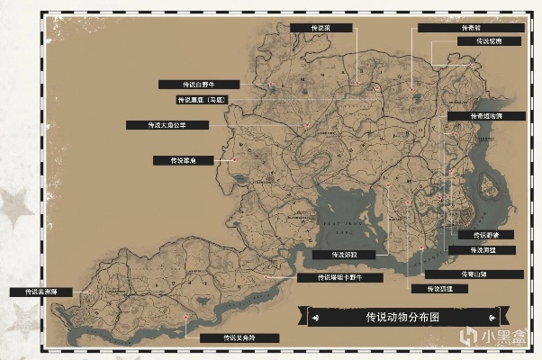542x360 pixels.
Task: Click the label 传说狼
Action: tap(323, 28)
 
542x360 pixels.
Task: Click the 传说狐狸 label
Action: tap(429, 289)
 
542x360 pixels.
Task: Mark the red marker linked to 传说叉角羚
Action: tap(187, 317)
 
